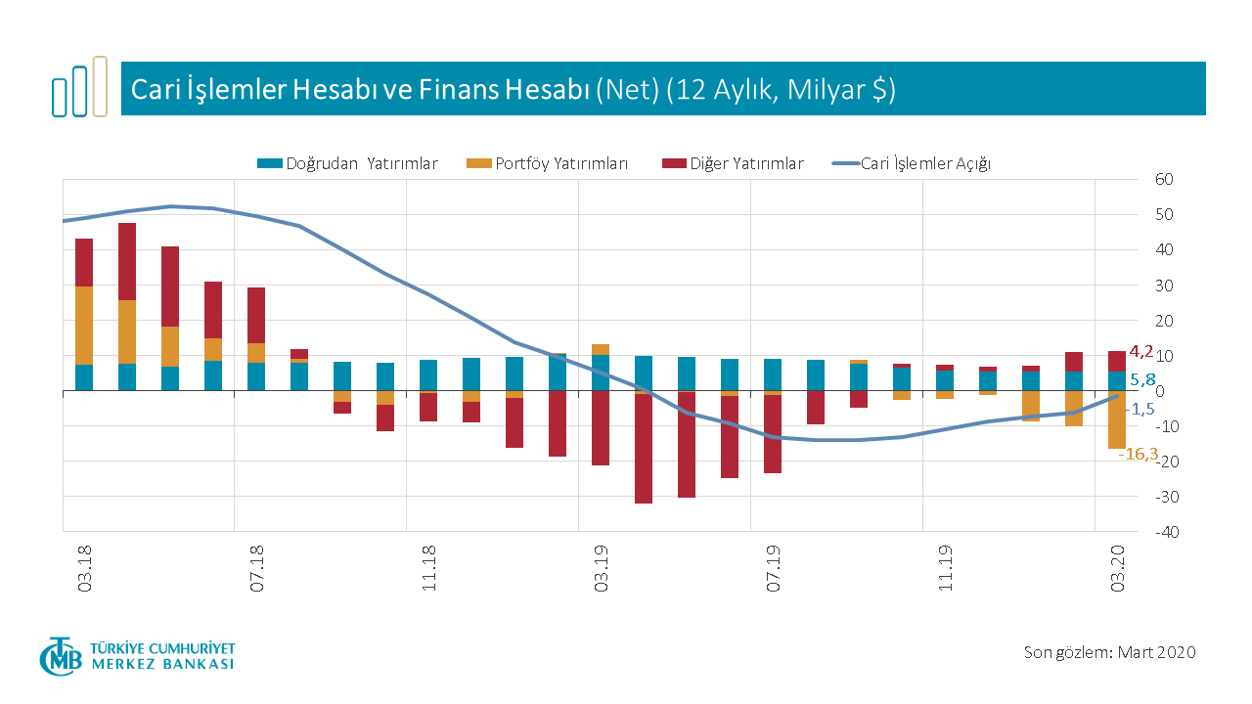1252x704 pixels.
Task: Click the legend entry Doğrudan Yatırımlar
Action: click(x=347, y=164)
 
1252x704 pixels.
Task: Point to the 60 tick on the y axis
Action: click(x=1163, y=180)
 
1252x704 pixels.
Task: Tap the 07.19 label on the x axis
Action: click(x=775, y=570)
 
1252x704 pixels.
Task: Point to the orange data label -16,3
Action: click(x=1139, y=454)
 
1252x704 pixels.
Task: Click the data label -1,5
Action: click(x=1142, y=410)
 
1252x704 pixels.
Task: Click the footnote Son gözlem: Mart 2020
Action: click(x=1109, y=652)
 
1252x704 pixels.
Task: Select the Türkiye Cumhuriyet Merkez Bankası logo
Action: click(x=137, y=656)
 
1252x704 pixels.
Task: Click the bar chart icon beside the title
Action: click(x=79, y=88)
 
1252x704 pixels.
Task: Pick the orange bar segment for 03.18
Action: click(x=84, y=326)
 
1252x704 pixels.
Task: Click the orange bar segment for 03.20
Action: click(x=1117, y=419)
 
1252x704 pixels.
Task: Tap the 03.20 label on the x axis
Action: click(x=1119, y=570)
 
